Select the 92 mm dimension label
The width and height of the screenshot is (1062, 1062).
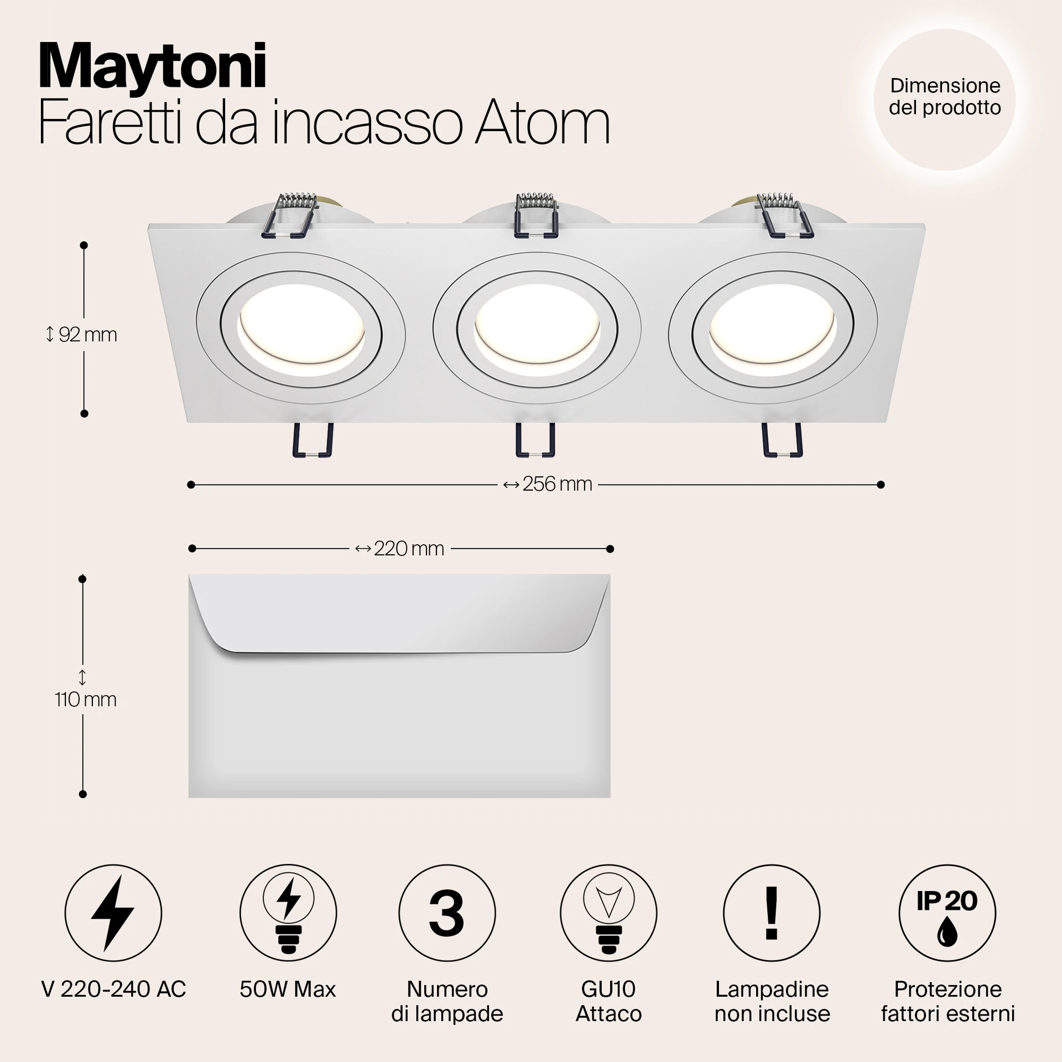point(81,335)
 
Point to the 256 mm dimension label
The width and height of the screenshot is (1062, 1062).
point(548,484)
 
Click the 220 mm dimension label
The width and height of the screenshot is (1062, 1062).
point(399,549)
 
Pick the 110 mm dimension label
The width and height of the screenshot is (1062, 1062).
point(85,691)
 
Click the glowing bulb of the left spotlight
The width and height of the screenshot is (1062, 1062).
point(301,331)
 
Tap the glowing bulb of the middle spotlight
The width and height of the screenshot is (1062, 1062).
point(537,330)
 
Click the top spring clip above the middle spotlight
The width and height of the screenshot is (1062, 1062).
point(535,215)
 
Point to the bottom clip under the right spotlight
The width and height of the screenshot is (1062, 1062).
point(782,440)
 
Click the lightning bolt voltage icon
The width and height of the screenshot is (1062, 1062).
point(113,913)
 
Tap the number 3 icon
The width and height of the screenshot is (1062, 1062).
point(446,913)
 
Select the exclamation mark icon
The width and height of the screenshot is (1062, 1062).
point(772,913)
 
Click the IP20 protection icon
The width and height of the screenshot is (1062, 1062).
point(947,913)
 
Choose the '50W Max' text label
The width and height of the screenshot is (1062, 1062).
point(288,989)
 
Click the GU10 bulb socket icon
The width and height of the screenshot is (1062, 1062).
point(608,913)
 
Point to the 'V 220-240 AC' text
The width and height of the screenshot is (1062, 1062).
point(113,989)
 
